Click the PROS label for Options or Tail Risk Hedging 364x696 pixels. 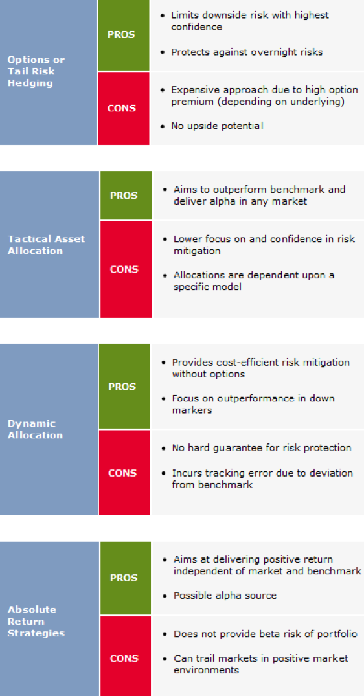coord(121,34)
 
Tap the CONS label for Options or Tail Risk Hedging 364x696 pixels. coord(121,108)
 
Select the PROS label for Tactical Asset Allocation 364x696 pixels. coord(124,196)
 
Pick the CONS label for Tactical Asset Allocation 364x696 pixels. coord(124,269)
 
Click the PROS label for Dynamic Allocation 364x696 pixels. coord(122,387)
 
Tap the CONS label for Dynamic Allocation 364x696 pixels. coord(122,473)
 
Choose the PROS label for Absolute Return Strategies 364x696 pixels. coord(124,578)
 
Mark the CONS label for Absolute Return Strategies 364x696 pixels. coord(124,658)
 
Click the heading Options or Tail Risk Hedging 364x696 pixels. coord(36,71)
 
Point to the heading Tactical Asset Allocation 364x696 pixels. coord(46,245)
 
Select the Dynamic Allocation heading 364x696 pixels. coord(35,429)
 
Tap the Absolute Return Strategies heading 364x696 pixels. coord(36,622)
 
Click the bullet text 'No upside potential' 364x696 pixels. coord(217,126)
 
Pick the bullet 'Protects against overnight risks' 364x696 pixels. coord(247,52)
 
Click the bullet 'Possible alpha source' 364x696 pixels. coord(225,596)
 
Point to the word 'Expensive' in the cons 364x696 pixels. coord(192,90)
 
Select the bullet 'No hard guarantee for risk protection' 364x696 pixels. coord(262,448)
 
